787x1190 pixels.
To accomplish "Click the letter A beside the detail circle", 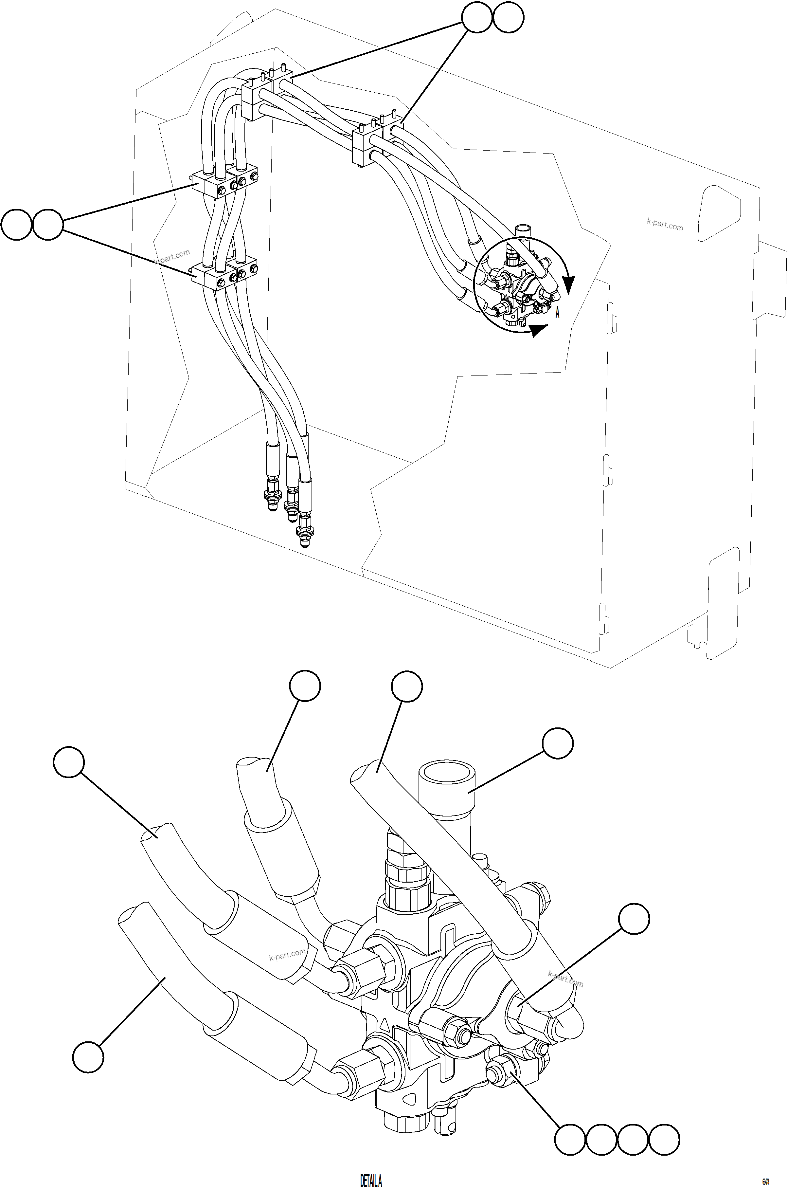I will pyautogui.click(x=557, y=313).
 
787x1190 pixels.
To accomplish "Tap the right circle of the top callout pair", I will pyautogui.click(x=509, y=18).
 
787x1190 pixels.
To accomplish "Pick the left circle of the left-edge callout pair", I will pyautogui.click(x=17, y=225).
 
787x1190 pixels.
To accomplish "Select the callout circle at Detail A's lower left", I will pyautogui.click(x=88, y=1057).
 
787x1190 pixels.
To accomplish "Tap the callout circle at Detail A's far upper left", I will pyautogui.click(x=69, y=762).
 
